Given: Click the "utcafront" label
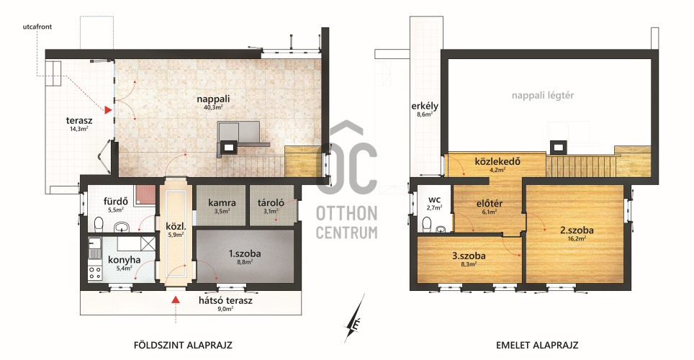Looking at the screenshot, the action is tap(37, 27).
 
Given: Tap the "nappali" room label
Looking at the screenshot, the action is tap(213, 99).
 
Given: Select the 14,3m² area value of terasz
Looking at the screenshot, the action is tap(78, 129).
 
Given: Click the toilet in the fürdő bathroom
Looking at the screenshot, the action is tap(99, 224).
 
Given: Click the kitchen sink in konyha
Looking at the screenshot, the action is tap(94, 248).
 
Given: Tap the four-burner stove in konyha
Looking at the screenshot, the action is tap(95, 272).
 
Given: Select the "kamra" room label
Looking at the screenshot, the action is tap(222, 203).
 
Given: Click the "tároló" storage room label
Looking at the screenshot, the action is tap(271, 203).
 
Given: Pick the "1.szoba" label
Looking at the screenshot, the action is tap(245, 253).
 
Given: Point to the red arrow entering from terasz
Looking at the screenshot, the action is tap(108, 110).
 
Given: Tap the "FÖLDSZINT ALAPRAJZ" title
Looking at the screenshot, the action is tap(183, 345).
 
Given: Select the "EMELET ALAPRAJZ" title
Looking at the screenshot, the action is tap(537, 345).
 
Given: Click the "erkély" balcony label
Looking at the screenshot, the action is tap(425, 106).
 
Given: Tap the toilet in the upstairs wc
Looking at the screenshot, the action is tap(427, 224).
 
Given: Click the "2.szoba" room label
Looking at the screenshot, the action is tap(577, 230).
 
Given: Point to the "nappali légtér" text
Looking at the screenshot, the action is tap(543, 96).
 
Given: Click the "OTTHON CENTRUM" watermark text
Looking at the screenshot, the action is tap(346, 222).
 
